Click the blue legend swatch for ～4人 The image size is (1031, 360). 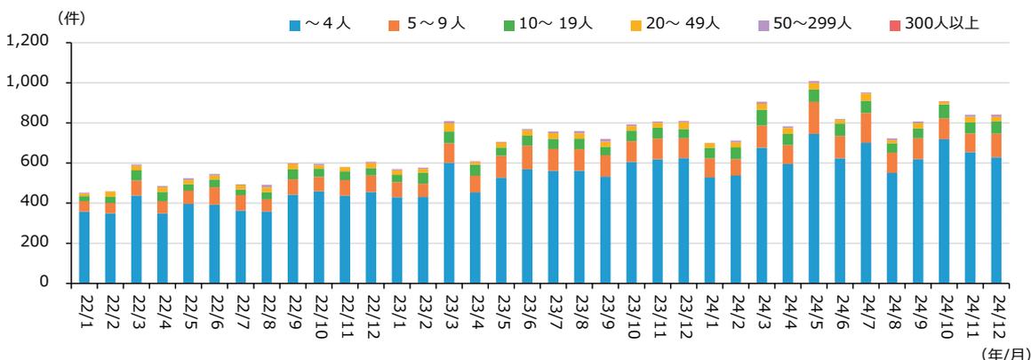coord(295,24)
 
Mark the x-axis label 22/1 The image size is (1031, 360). coord(84,311)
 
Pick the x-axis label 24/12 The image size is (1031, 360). coord(995,311)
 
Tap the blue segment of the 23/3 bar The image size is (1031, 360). coord(449,222)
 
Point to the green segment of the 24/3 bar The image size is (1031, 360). coord(762,117)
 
